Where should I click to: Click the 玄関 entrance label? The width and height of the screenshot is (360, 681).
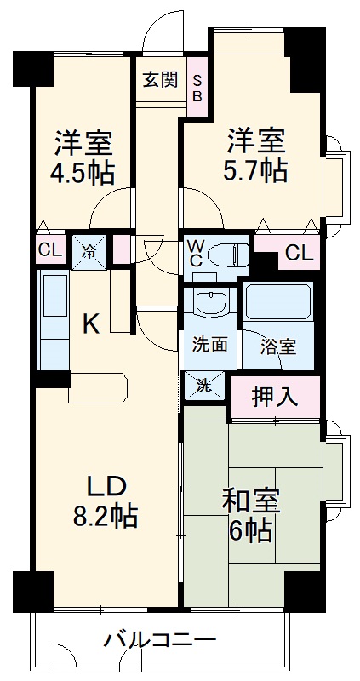click(x=160, y=80)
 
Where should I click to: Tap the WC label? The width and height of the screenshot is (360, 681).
click(x=195, y=255)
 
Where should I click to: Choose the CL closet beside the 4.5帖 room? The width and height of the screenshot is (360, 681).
click(x=50, y=251)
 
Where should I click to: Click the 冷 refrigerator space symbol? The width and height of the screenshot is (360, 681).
click(x=89, y=251)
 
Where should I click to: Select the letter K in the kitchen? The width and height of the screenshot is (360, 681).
click(x=91, y=324)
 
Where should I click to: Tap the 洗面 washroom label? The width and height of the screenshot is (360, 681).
click(x=209, y=346)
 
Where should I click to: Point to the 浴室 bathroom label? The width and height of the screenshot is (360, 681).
click(x=277, y=346)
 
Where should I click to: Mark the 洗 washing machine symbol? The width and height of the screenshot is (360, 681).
click(x=204, y=384)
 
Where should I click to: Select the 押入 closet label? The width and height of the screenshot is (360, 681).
click(x=274, y=397)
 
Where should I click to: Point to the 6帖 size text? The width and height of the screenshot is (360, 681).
click(x=250, y=532)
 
